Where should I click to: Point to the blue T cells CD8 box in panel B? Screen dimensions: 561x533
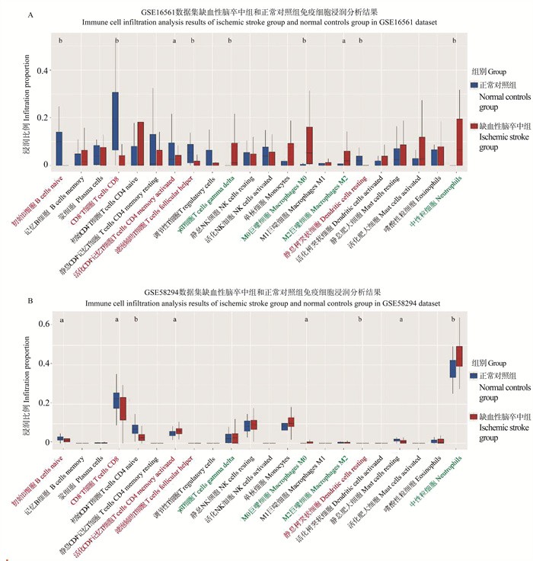(x=115, y=401)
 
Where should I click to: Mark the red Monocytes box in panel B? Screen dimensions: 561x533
(x=291, y=422)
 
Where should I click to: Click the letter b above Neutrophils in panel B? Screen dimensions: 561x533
(x=453, y=319)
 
